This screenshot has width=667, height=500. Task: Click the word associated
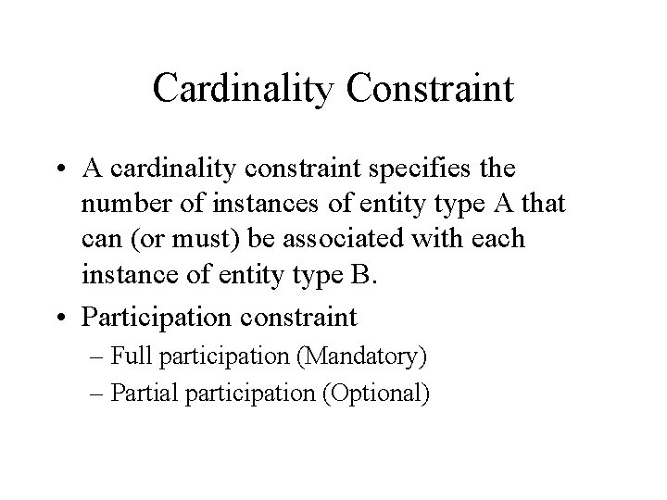(x=368, y=239)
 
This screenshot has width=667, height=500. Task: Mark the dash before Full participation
(x=119, y=356)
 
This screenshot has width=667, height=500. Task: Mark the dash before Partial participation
(x=119, y=393)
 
